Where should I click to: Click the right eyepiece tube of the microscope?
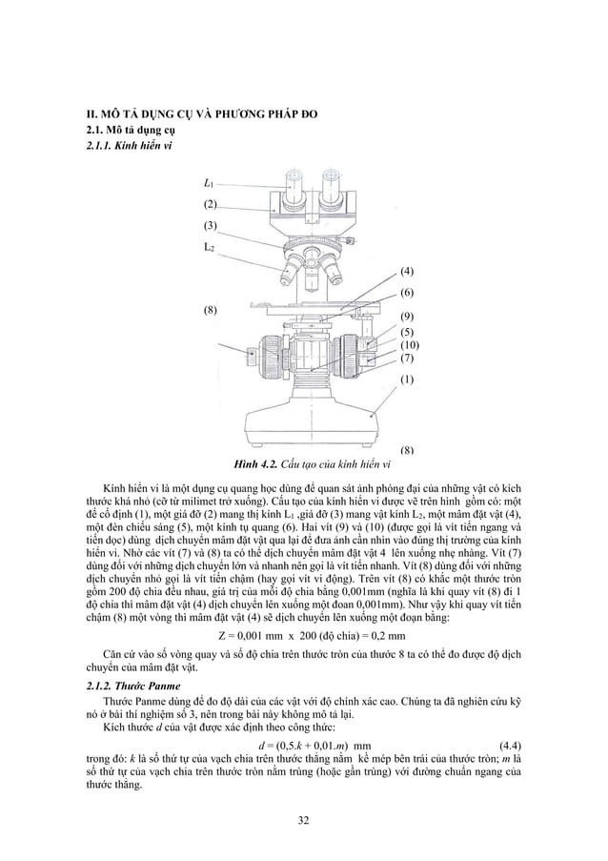click(x=332, y=186)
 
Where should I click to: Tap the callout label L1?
click(x=209, y=183)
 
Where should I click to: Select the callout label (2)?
click(x=210, y=205)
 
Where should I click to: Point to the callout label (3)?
click(x=210, y=226)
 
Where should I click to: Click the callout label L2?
click(x=210, y=248)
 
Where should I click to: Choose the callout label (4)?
click(x=406, y=272)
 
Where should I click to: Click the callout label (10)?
click(x=409, y=344)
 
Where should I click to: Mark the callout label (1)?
click(x=406, y=379)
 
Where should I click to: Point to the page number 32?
click(x=304, y=822)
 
